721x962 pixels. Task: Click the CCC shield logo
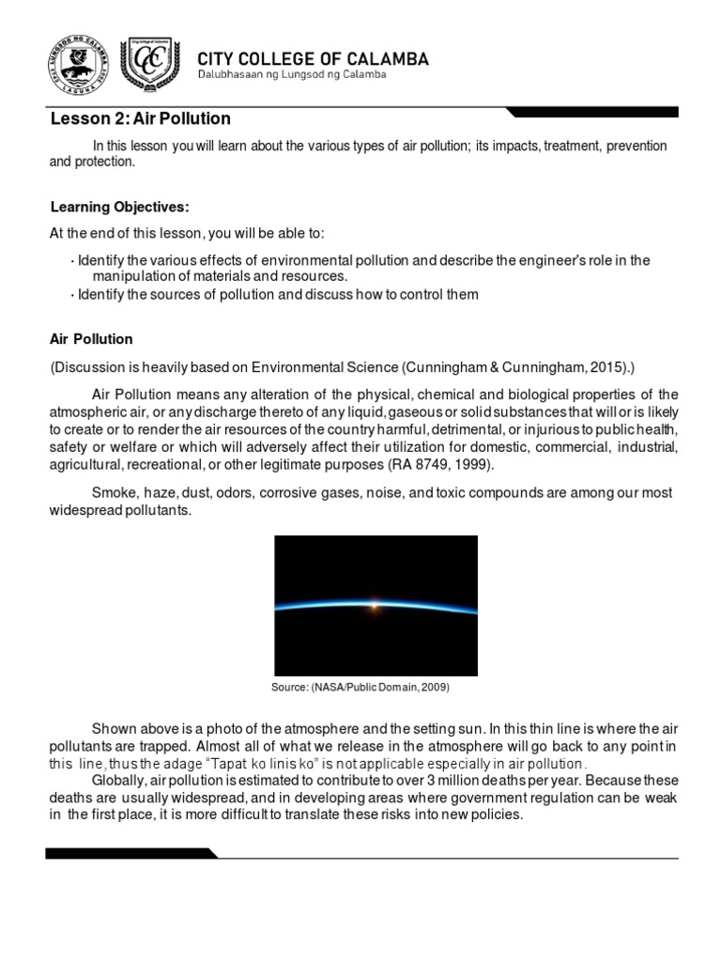pos(151,66)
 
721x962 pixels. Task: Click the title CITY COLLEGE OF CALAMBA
pos(313,59)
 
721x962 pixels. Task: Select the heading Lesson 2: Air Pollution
pos(140,119)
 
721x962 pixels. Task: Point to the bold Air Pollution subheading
pos(91,339)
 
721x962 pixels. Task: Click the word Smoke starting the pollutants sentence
pos(112,493)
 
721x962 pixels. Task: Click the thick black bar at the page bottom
pos(131,853)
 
